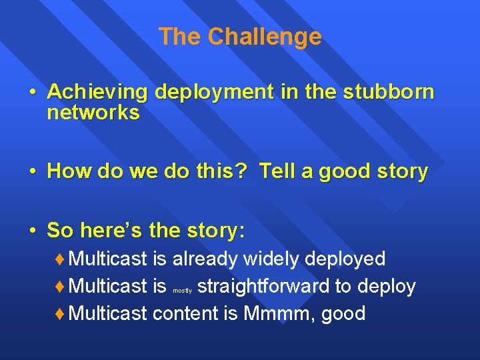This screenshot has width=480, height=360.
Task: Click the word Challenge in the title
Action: pyautogui.click(x=265, y=37)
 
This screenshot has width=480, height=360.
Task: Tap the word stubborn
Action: pyautogui.click(x=389, y=92)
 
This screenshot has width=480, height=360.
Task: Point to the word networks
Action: pyautogui.click(x=93, y=113)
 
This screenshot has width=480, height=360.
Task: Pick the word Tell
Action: pyautogui.click(x=279, y=171)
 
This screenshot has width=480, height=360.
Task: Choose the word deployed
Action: pyautogui.click(x=347, y=259)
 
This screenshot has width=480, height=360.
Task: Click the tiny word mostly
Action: pyautogui.click(x=182, y=291)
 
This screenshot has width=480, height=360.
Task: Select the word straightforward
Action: pyautogui.click(x=264, y=287)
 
